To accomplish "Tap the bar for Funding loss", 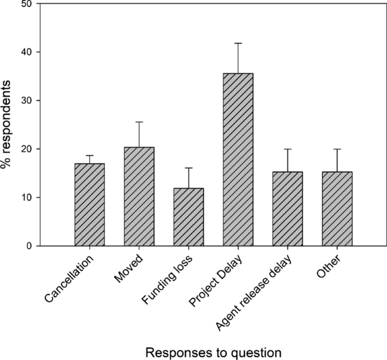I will tap(189, 217).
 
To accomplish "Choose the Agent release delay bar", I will tap(288, 209).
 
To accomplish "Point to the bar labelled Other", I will tap(337, 209).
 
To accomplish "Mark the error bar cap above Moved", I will tap(139, 122).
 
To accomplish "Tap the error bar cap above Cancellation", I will tap(90, 155).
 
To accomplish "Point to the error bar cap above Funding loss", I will tap(189, 168).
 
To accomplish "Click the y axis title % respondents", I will tap(8, 124).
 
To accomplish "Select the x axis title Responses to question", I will tap(213, 352).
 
